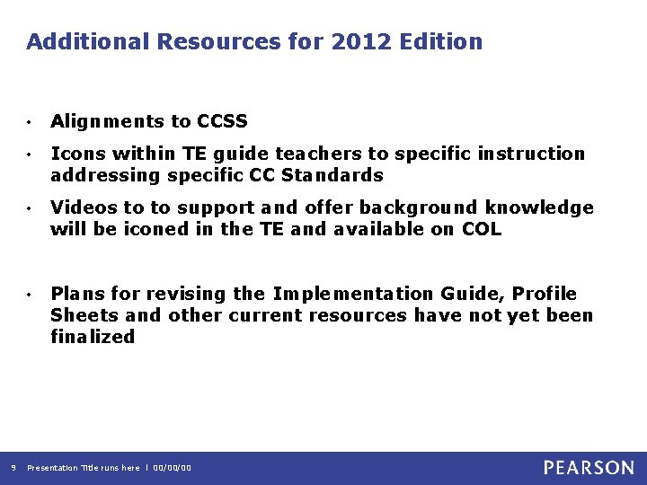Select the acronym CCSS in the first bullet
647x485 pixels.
pos(222,121)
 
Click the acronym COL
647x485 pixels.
pos(481,229)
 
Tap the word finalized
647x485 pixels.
pos(93,337)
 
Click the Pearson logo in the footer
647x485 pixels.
pos(588,467)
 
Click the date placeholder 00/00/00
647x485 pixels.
pos(173,468)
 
